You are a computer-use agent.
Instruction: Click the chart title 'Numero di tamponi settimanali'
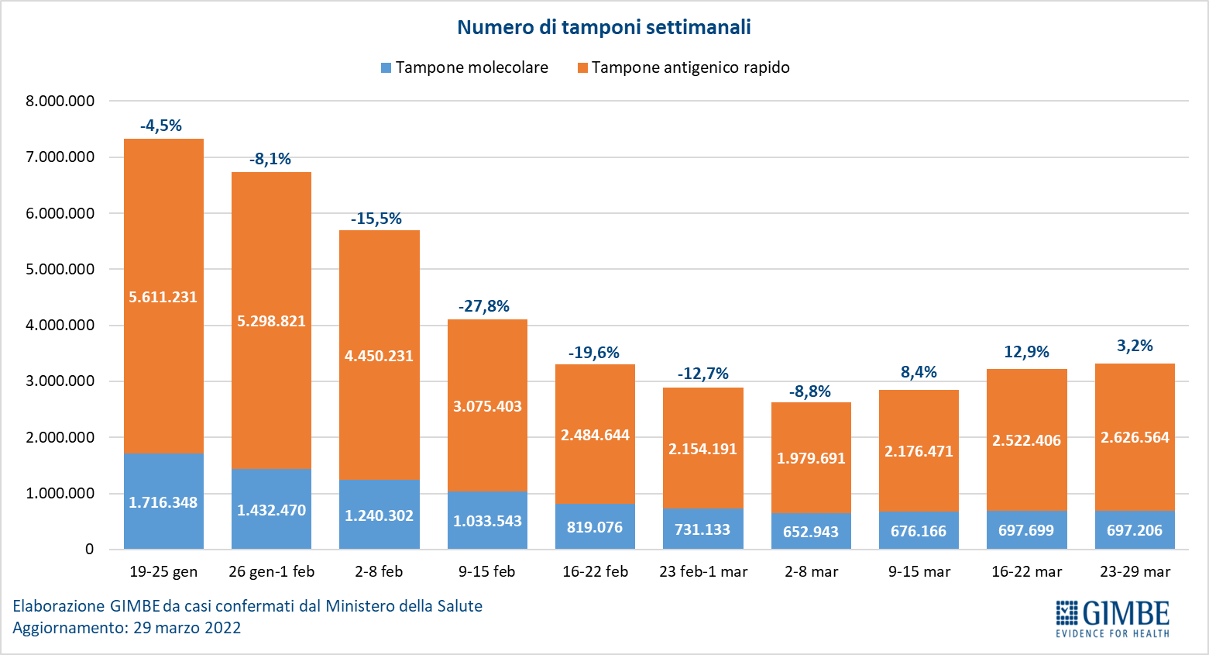pyautogui.click(x=603, y=27)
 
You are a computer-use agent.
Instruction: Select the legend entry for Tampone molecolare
pyautogui.click(x=465, y=67)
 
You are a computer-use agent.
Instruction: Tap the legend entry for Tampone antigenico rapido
pyautogui.click(x=683, y=67)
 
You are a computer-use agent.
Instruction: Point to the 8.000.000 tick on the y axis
pyautogui.click(x=60, y=101)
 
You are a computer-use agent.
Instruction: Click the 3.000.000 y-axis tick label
pyautogui.click(x=60, y=381)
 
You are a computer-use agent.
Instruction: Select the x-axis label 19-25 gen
pyautogui.click(x=163, y=572)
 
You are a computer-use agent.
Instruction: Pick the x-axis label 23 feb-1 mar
pyautogui.click(x=703, y=572)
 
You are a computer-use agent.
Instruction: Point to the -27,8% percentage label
pyautogui.click(x=484, y=306)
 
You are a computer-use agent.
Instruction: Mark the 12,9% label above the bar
pyautogui.click(x=1026, y=352)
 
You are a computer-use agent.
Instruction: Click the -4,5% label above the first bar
pyautogui.click(x=161, y=126)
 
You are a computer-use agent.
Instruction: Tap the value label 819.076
pyautogui.click(x=595, y=527)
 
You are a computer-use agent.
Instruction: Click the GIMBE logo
pyautogui.click(x=1112, y=618)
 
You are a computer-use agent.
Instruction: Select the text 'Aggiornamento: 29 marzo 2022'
pyautogui.click(x=127, y=628)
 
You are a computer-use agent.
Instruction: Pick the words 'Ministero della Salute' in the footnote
pyautogui.click(x=404, y=606)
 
